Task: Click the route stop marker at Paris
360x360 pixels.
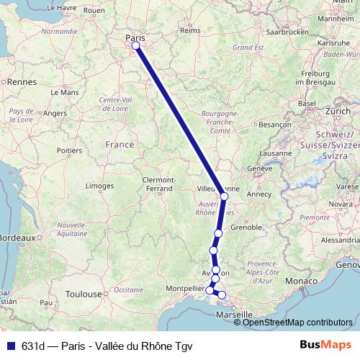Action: coord(135,46)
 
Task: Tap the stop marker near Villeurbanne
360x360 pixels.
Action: coord(224,196)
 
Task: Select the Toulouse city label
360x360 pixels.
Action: coord(81,294)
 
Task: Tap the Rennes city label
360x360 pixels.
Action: coord(22,83)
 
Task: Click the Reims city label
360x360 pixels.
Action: coord(189,31)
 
